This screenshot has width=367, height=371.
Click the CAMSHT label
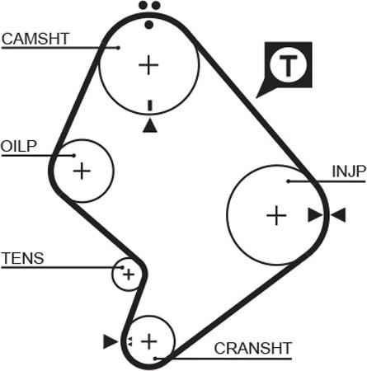point(35,39)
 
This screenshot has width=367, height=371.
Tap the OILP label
point(19,146)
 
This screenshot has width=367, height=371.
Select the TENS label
point(23,258)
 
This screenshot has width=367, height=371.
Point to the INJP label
point(349,171)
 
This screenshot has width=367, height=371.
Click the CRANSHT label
point(253,349)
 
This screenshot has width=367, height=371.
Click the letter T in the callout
point(288,65)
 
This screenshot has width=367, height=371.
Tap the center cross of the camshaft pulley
point(148,65)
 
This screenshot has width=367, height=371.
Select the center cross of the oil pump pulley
point(82,171)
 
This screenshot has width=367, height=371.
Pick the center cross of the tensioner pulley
point(129,275)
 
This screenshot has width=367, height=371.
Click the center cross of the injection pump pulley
point(276,215)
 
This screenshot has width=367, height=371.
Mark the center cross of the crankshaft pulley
point(149,341)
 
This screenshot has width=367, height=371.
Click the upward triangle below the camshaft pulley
point(150,126)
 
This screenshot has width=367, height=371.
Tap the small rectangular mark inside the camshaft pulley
point(150,106)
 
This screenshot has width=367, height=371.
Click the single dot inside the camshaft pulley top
point(148,25)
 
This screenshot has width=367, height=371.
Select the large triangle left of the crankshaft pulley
point(111,341)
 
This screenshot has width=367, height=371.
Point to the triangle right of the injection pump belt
point(338,215)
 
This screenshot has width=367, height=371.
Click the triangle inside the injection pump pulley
point(315,215)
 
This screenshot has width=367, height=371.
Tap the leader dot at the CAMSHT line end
point(119,48)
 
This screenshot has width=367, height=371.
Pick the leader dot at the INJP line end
point(288,181)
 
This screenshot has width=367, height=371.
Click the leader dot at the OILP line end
point(74,156)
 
